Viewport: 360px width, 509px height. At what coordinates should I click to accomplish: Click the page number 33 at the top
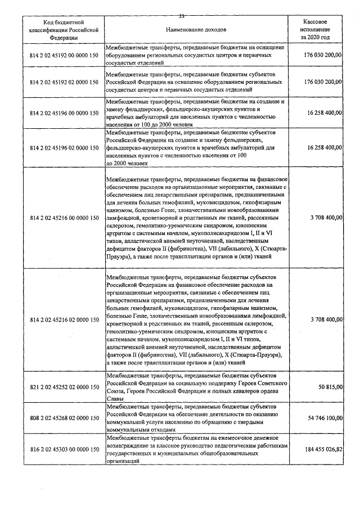pyautogui.click(x=182, y=16)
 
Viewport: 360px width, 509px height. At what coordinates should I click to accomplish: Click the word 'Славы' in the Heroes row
pyautogui.click(x=115, y=398)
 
